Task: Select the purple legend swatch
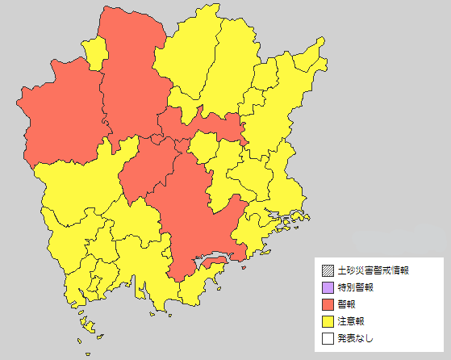(327, 287)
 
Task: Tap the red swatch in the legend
(327, 304)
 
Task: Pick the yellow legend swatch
(327, 321)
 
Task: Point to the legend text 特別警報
(356, 287)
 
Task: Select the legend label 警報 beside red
(346, 304)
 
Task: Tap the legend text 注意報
(351, 321)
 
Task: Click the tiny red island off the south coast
(214, 263)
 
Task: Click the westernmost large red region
(56, 113)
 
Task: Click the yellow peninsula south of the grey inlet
(206, 278)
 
